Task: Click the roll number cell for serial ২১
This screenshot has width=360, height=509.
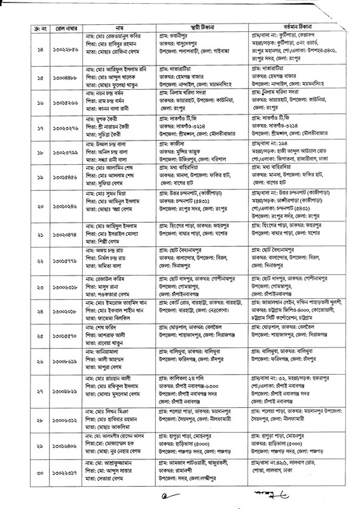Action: point(62,250)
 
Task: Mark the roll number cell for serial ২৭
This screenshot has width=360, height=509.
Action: point(62,392)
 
